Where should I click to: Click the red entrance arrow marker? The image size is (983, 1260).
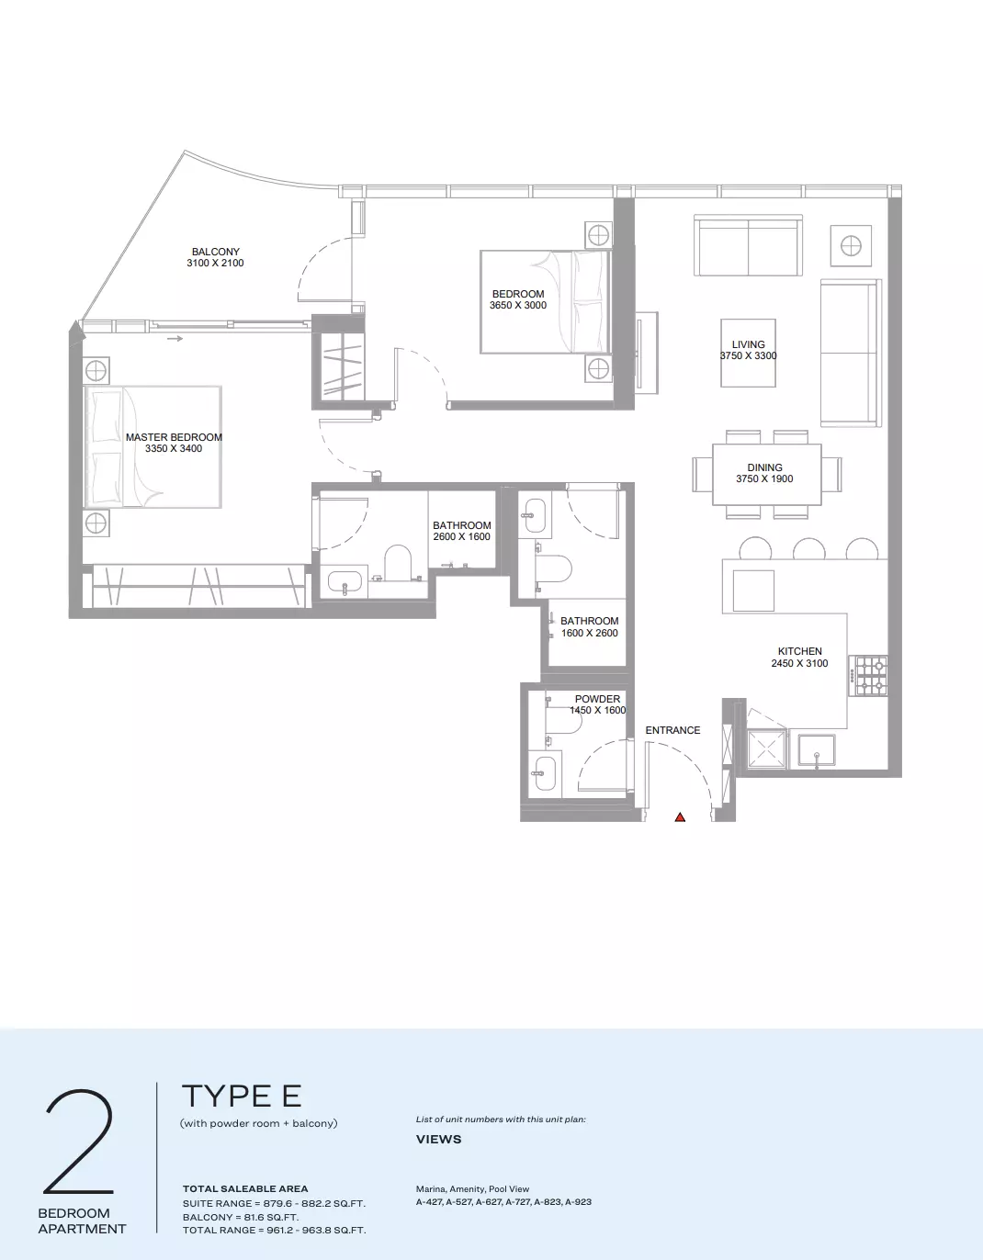coord(680,817)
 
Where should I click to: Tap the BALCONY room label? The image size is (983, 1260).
coord(216,252)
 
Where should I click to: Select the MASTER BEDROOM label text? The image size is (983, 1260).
coord(174,437)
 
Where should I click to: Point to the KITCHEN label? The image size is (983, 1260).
coord(800,651)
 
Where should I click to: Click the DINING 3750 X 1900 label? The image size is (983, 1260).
coord(764,473)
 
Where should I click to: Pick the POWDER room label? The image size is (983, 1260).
coord(597,699)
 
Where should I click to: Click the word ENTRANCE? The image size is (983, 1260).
coord(672,730)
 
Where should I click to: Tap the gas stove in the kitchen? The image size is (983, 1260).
coord(868,676)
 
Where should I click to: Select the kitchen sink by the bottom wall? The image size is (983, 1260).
coord(817,750)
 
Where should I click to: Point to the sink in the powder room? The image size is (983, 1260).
coord(545,773)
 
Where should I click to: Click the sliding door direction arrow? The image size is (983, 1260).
coord(175,339)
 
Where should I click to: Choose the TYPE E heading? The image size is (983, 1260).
coord(242,1096)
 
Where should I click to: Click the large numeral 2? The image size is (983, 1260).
coord(79,1142)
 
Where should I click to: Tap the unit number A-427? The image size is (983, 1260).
coord(429,1202)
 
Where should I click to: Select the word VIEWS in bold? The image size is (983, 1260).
coord(438,1139)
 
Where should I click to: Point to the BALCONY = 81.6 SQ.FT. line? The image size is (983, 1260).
coord(241,1217)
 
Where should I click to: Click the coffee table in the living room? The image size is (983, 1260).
coord(748,353)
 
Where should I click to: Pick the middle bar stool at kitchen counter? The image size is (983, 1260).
coord(809,548)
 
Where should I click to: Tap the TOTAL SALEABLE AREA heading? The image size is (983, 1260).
coord(245,1188)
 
